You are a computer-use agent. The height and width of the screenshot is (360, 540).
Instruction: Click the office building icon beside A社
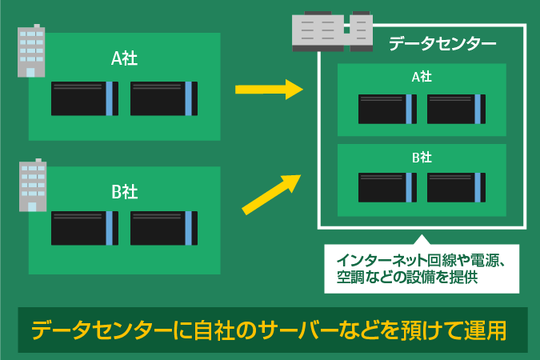30,51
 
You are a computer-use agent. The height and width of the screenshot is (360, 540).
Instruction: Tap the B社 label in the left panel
124,191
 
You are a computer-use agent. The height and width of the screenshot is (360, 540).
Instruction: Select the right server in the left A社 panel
163,98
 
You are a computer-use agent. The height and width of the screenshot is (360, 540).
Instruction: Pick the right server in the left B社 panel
163,228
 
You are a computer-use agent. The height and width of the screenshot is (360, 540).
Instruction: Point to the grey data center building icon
332,32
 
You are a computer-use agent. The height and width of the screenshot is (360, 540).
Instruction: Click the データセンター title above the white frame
442,44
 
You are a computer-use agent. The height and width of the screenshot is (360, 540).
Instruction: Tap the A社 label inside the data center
422,78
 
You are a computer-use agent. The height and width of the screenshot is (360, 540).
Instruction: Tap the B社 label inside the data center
422,157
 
